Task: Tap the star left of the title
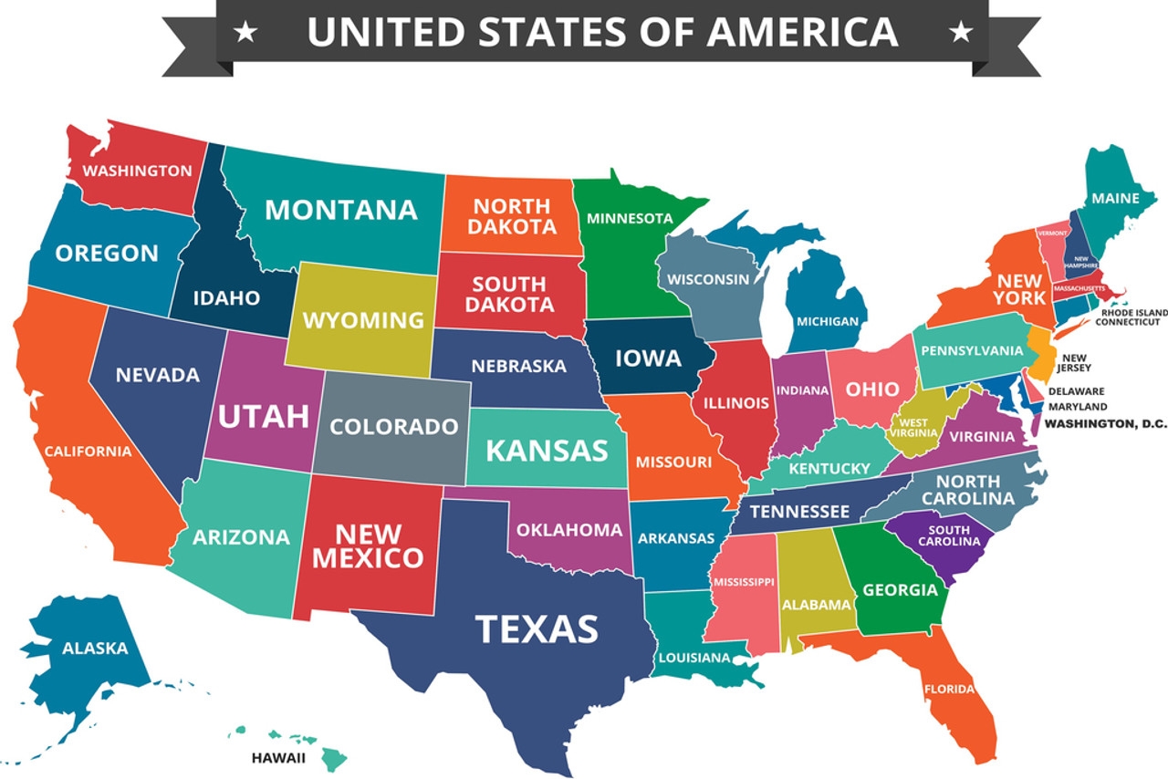pyautogui.click(x=245, y=33)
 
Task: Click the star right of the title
pyautogui.click(x=960, y=33)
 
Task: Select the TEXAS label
pyautogui.click(x=537, y=628)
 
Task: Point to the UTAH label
pyautogui.click(x=263, y=417)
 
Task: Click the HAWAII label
pyautogui.click(x=278, y=757)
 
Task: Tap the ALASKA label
pyautogui.click(x=95, y=649)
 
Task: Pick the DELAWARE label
pyautogui.click(x=1076, y=391)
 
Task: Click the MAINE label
pyautogui.click(x=1115, y=198)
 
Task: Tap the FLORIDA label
pyautogui.click(x=949, y=689)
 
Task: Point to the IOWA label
pyautogui.click(x=648, y=358)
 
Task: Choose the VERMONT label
pyautogui.click(x=1052, y=234)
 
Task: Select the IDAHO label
pyautogui.click(x=226, y=297)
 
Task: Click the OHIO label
pyautogui.click(x=872, y=389)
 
